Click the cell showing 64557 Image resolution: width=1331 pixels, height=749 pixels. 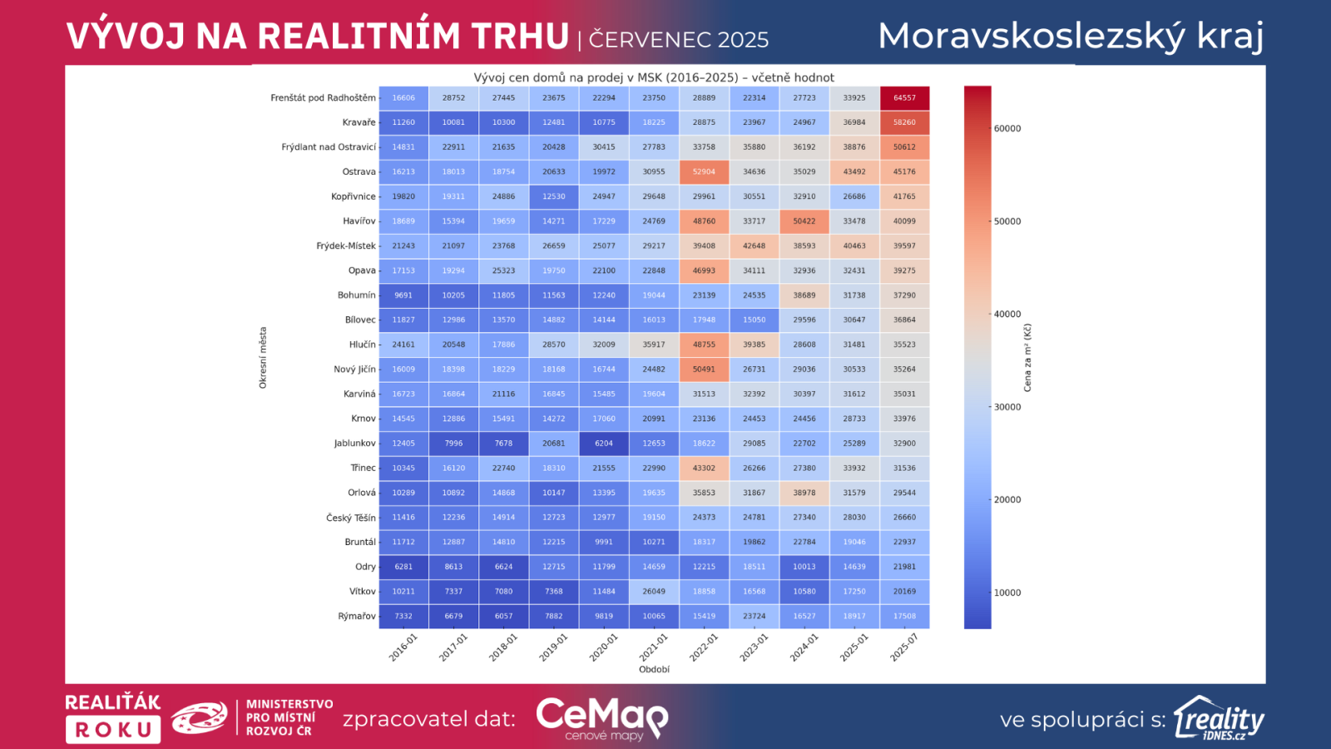[x=904, y=98]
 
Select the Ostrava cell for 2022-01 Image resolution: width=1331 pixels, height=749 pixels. [x=704, y=172]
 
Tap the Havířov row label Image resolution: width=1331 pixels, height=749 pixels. [x=359, y=221]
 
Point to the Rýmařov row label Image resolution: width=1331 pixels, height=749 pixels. [x=357, y=617]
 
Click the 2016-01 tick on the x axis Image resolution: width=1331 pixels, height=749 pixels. [x=403, y=647]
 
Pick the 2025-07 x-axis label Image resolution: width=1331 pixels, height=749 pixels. [x=904, y=647]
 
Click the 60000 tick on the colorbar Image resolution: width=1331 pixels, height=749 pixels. [x=1007, y=129]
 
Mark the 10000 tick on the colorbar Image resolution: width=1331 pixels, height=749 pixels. [x=1007, y=593]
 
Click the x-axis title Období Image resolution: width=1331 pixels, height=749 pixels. [x=654, y=669]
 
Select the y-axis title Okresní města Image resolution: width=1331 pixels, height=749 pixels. [x=263, y=358]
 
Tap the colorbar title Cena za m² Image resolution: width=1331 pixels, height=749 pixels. [x=1027, y=358]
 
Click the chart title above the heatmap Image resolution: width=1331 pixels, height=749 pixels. [x=654, y=77]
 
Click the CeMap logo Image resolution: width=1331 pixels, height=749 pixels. [x=601, y=718]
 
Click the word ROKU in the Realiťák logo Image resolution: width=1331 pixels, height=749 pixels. [x=113, y=730]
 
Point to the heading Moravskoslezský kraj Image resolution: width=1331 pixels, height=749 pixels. [x=1071, y=37]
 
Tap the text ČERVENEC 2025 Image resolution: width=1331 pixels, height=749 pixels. [x=678, y=40]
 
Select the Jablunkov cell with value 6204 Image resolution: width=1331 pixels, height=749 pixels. [x=604, y=444]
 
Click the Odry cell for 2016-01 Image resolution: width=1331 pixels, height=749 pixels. [x=403, y=567]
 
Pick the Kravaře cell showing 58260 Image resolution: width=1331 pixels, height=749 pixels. [x=904, y=122]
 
